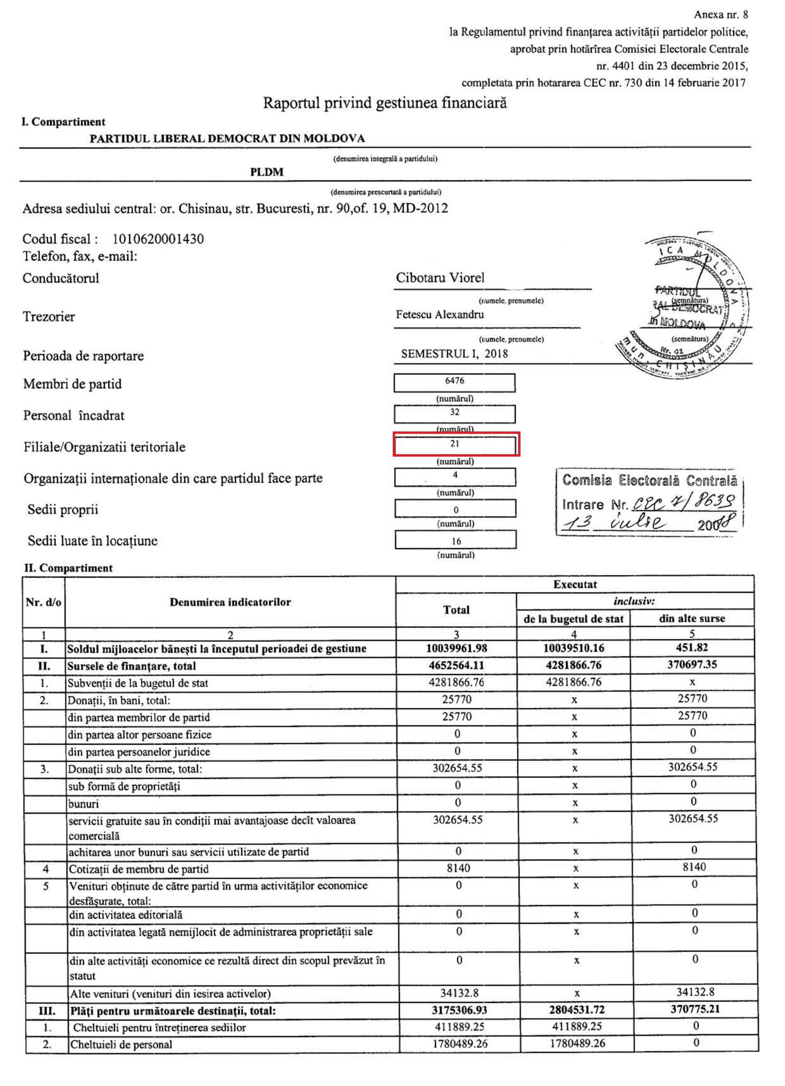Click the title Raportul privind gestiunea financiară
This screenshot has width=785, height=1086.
[x=385, y=103]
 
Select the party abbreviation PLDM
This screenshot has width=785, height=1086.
[x=266, y=172]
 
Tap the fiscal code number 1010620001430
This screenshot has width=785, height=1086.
[x=158, y=239]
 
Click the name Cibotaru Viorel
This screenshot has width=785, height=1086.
[x=440, y=278]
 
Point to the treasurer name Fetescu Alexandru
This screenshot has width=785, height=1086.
[x=440, y=315]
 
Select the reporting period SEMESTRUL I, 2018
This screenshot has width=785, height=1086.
[x=454, y=354]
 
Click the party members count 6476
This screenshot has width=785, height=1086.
[x=454, y=381]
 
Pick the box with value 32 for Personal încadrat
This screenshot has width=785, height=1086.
[x=454, y=413]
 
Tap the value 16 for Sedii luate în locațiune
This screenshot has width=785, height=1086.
[x=456, y=541]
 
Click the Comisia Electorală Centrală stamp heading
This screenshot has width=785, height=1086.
[x=649, y=480]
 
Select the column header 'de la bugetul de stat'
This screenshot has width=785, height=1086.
[x=573, y=619]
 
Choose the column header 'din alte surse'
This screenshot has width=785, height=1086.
[x=691, y=618]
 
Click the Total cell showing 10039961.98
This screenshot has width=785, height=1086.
[x=456, y=648]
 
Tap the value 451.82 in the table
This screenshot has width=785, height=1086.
[x=691, y=648]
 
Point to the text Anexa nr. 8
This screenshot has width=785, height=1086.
[x=720, y=15]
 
